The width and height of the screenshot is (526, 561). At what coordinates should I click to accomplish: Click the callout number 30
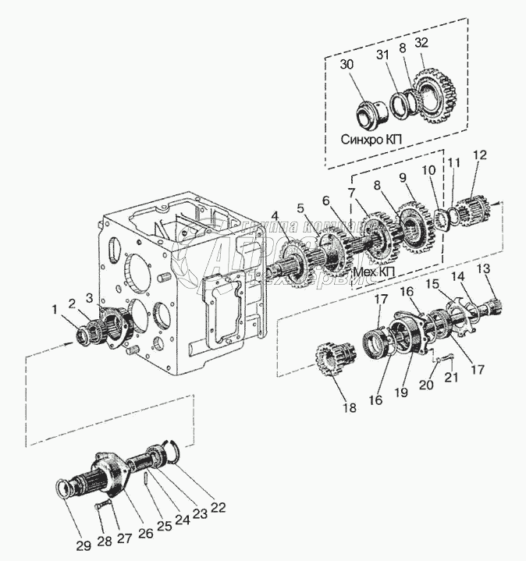pos(346,65)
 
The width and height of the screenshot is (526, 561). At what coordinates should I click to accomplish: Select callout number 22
pos(218,507)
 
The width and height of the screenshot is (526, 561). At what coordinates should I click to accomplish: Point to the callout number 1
pos(55,310)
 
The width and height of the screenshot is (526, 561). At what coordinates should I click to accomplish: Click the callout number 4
pos(274,215)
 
